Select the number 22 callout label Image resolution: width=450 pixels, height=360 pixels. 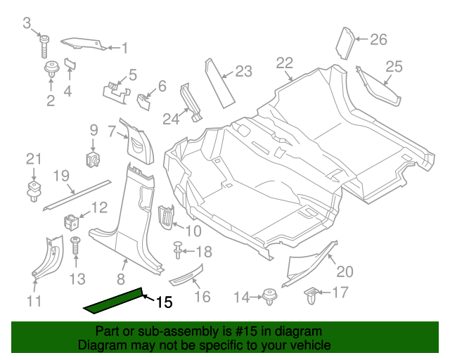tap(284, 63)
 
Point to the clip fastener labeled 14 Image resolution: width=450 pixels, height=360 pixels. tap(269, 297)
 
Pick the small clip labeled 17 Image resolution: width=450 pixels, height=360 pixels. tap(312, 296)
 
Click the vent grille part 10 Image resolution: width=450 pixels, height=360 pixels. tap(167, 217)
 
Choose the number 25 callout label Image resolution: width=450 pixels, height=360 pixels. tap(394, 67)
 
